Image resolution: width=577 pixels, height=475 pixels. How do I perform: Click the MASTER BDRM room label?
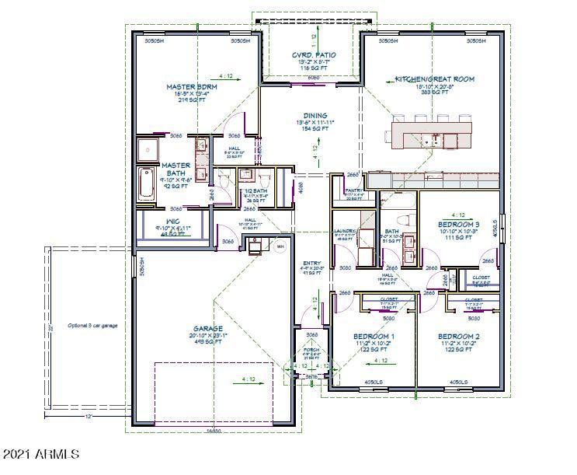[191, 87]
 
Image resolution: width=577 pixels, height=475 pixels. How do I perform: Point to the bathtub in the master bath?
[147, 185]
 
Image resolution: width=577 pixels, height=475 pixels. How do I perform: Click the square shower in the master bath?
[148, 148]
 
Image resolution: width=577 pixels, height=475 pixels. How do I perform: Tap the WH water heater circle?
[280, 246]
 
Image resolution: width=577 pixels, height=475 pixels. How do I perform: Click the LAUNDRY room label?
[344, 232]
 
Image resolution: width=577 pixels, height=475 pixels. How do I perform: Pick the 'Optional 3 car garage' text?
[92, 325]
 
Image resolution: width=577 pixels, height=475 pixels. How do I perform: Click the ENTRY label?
[311, 263]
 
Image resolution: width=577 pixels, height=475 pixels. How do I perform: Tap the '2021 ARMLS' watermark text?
[40, 453]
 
